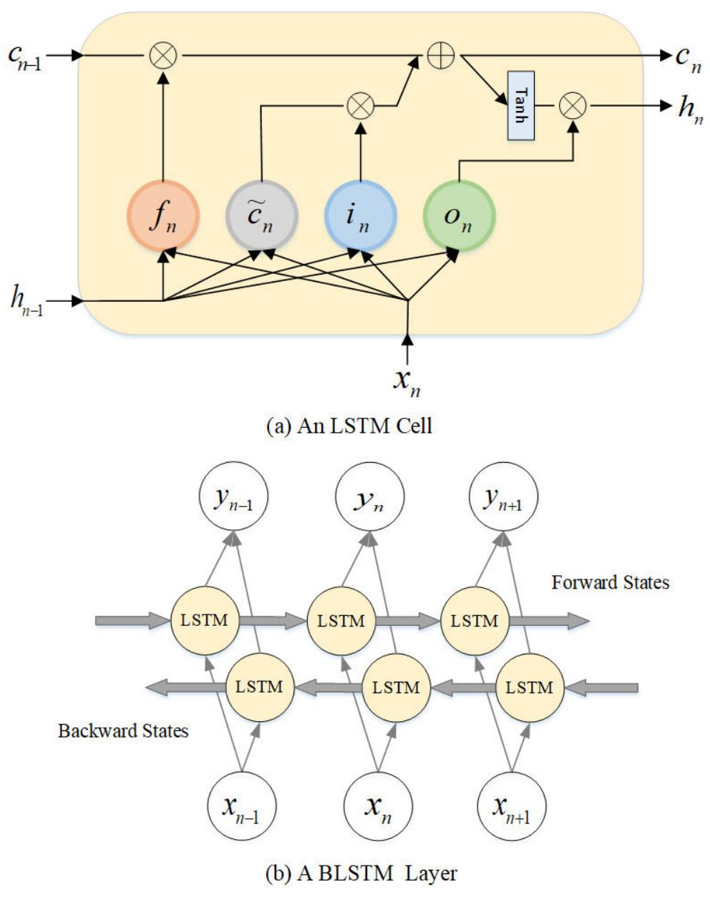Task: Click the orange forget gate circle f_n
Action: (x=163, y=215)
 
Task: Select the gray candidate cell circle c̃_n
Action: (x=261, y=215)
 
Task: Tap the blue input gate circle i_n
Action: (x=360, y=215)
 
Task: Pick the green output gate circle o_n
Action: (x=459, y=215)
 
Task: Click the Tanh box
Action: (x=521, y=106)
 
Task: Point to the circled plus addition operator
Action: (x=441, y=55)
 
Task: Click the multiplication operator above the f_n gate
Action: (x=164, y=55)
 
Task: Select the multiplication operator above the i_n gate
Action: (x=360, y=106)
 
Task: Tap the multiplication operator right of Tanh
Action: (x=573, y=106)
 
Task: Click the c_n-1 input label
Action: (x=28, y=56)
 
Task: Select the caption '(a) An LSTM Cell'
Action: (x=349, y=426)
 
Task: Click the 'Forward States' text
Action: (x=610, y=582)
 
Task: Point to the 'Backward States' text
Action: (x=123, y=730)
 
